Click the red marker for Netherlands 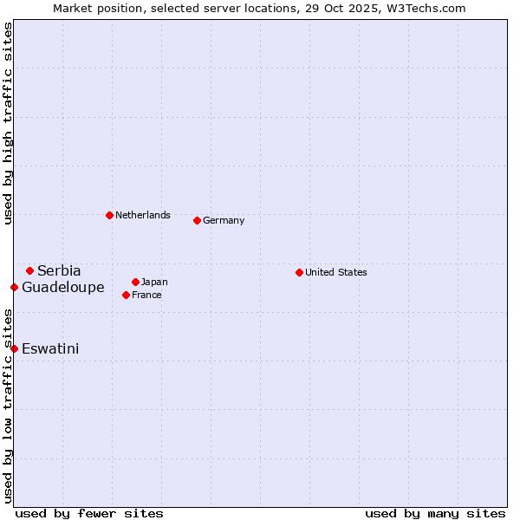click(109, 215)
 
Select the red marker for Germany click(197, 220)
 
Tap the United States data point click(299, 272)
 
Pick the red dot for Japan click(135, 282)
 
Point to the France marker click(126, 295)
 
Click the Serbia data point click(29, 270)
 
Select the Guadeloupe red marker click(14, 287)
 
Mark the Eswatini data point click(14, 348)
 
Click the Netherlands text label click(143, 215)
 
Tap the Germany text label click(224, 220)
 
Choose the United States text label click(336, 272)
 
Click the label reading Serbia click(59, 270)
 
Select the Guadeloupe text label click(63, 287)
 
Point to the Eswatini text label click(50, 348)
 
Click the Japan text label click(154, 282)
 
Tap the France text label click(146, 295)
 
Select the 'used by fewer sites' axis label click(89, 513)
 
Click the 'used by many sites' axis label click(435, 513)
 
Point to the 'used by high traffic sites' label click(8, 123)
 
